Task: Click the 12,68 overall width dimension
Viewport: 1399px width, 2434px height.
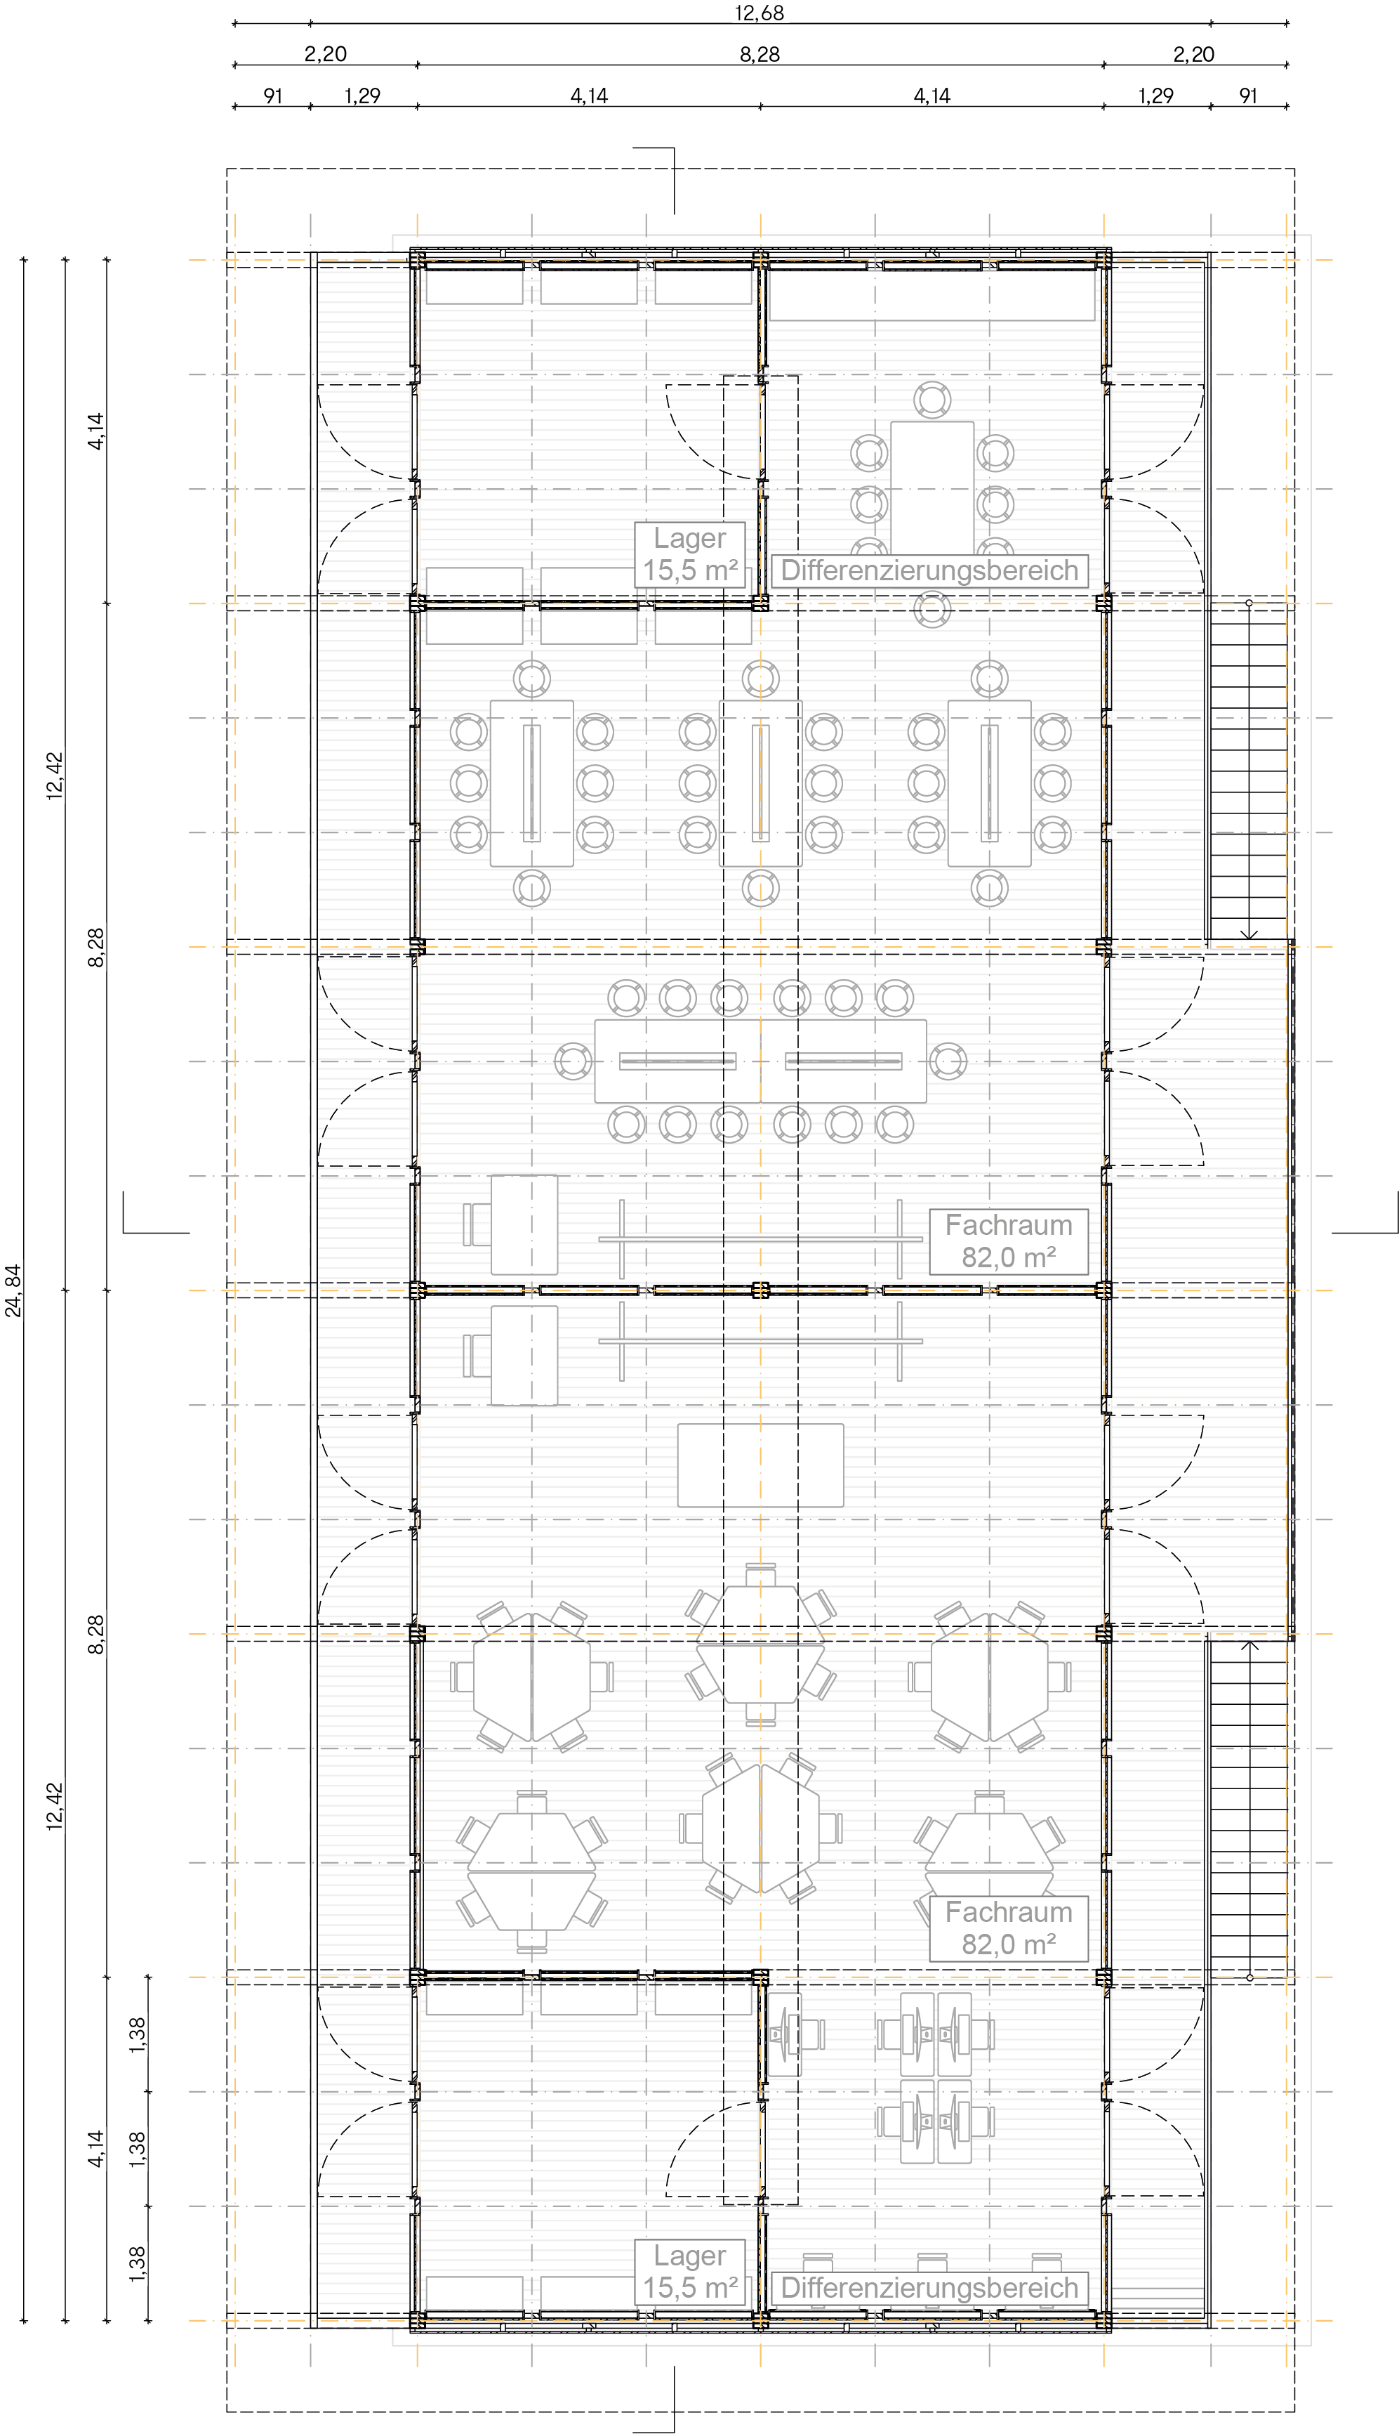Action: (x=759, y=13)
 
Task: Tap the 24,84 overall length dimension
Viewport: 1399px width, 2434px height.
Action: (x=13, y=1290)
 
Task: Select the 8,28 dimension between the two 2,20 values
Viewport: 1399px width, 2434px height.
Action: (x=759, y=54)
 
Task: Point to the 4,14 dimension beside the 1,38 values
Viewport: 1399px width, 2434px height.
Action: (x=95, y=2149)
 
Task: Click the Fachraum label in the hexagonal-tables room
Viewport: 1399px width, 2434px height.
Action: (x=1008, y=1912)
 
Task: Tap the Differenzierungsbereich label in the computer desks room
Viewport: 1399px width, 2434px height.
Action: (x=929, y=2287)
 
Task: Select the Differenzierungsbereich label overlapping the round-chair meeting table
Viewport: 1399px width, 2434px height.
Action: (x=929, y=570)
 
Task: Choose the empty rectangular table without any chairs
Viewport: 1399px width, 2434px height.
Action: (x=760, y=1465)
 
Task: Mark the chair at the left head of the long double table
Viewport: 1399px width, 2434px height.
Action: (x=573, y=1061)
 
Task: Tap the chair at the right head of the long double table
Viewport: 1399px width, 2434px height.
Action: (x=948, y=1061)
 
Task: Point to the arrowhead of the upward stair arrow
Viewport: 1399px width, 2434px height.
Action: (x=1249, y=1644)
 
